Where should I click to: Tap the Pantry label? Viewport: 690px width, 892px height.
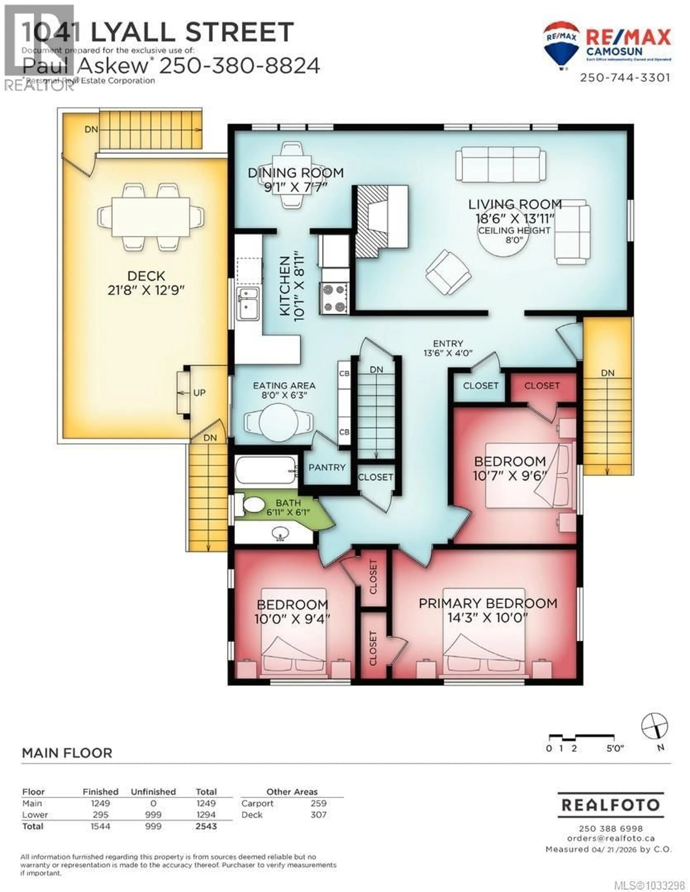[327, 467]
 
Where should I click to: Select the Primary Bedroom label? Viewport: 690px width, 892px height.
[488, 603]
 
